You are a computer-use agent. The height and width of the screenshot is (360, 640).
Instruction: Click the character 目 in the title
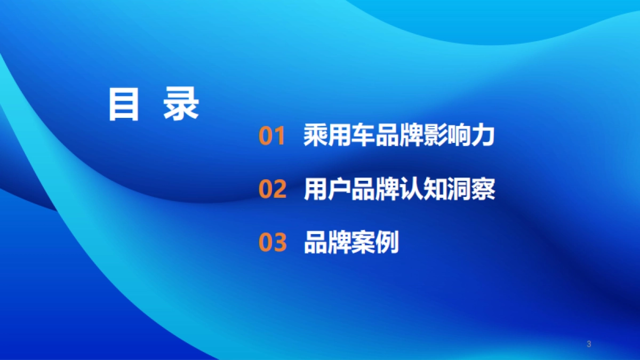point(123,104)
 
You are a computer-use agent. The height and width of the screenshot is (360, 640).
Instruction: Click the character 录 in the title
point(181,104)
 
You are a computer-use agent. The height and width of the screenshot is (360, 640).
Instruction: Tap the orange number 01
point(273,137)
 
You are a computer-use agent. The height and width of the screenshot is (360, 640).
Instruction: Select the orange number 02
point(273,190)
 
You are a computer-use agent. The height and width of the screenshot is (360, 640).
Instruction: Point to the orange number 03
point(273,243)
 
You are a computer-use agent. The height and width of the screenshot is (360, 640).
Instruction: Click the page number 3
point(589,344)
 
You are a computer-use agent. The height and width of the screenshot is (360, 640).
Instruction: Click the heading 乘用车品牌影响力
point(399,136)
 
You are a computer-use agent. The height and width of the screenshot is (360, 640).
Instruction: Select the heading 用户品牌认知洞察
point(399,189)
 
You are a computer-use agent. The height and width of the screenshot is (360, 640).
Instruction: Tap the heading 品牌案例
point(351,243)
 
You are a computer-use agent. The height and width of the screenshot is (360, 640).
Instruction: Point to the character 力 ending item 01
point(483,136)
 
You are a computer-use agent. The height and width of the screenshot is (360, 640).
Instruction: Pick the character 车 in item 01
point(363,136)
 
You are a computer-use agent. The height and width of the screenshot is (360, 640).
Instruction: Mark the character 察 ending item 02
point(483,189)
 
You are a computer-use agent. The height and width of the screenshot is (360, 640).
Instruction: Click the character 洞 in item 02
point(459,189)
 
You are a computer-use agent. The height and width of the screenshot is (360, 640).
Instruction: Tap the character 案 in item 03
point(363,243)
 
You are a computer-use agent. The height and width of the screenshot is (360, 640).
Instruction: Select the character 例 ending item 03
point(387,243)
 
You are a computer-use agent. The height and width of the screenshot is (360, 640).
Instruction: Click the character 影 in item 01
point(435,136)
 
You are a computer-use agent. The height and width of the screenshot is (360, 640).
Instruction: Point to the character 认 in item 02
point(411,189)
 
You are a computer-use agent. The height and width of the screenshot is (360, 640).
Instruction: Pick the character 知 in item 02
point(435,189)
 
